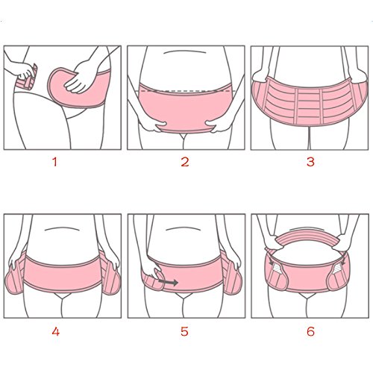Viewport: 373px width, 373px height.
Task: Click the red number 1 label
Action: click(x=55, y=162)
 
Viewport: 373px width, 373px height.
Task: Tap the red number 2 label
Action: click(x=185, y=162)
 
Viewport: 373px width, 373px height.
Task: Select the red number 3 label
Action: click(x=310, y=162)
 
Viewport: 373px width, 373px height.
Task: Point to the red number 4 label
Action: click(x=56, y=331)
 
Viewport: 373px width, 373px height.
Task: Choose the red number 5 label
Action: click(x=184, y=331)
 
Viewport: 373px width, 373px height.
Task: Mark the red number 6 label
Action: click(x=310, y=331)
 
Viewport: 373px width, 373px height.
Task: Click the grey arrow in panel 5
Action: click(x=168, y=282)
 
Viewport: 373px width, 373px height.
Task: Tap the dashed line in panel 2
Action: click(x=186, y=91)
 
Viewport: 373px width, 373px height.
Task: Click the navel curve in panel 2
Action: click(x=185, y=51)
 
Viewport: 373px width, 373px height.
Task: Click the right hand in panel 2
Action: click(x=216, y=125)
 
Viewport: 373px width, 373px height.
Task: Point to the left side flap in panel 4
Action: click(x=15, y=278)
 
